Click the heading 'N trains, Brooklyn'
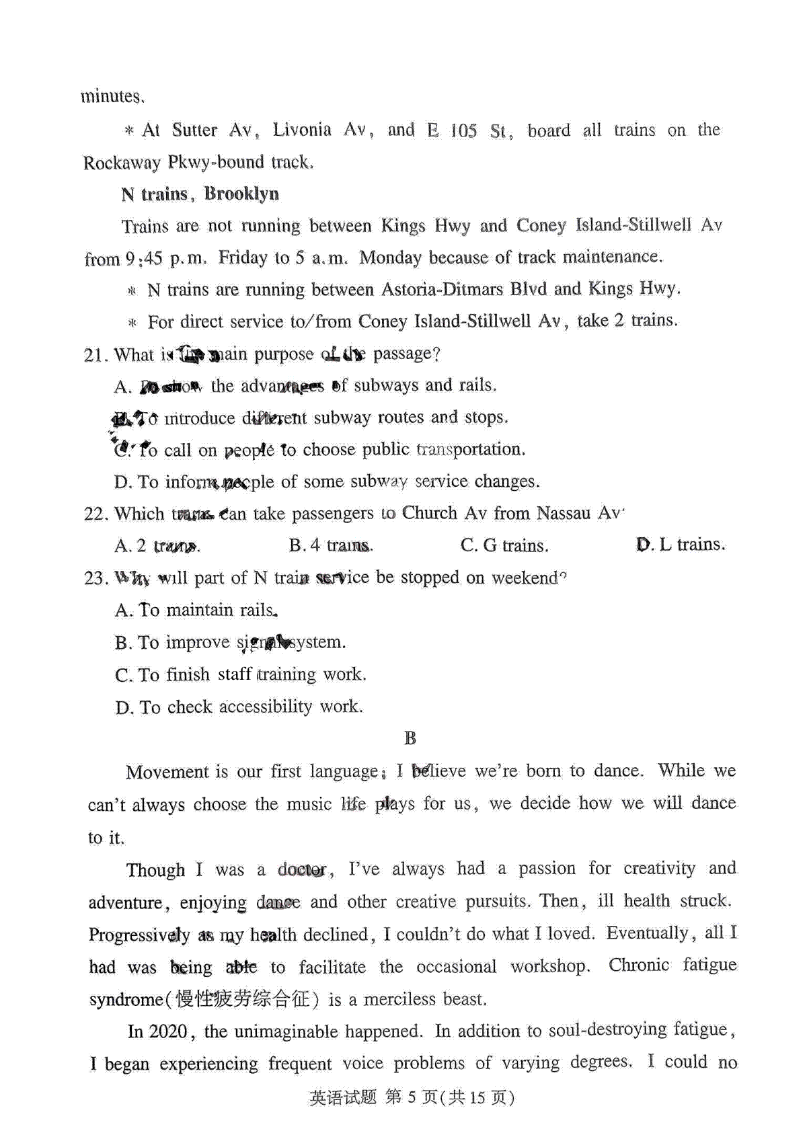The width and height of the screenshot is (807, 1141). coord(200,194)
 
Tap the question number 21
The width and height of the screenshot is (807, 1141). coord(95,355)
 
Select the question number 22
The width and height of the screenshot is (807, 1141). coord(95,514)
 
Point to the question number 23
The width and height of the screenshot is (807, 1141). coord(95,579)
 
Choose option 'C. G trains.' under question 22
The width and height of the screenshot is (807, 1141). coord(504,546)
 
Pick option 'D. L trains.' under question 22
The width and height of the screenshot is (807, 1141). coord(681,545)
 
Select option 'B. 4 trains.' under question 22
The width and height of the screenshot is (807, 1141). coord(331,546)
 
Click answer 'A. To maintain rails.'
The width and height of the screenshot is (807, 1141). coord(196,611)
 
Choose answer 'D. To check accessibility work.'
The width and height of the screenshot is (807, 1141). coord(239,707)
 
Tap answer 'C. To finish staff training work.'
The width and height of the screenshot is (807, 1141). coord(240,675)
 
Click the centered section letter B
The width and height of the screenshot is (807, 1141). coord(410,739)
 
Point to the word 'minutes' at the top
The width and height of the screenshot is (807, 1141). coord(110,97)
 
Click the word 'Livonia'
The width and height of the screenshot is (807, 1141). coord(302,130)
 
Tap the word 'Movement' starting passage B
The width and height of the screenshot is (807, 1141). coord(167,772)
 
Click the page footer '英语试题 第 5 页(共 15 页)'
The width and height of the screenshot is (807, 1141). coord(412,1098)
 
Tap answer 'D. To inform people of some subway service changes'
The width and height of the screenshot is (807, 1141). coord(327,482)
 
